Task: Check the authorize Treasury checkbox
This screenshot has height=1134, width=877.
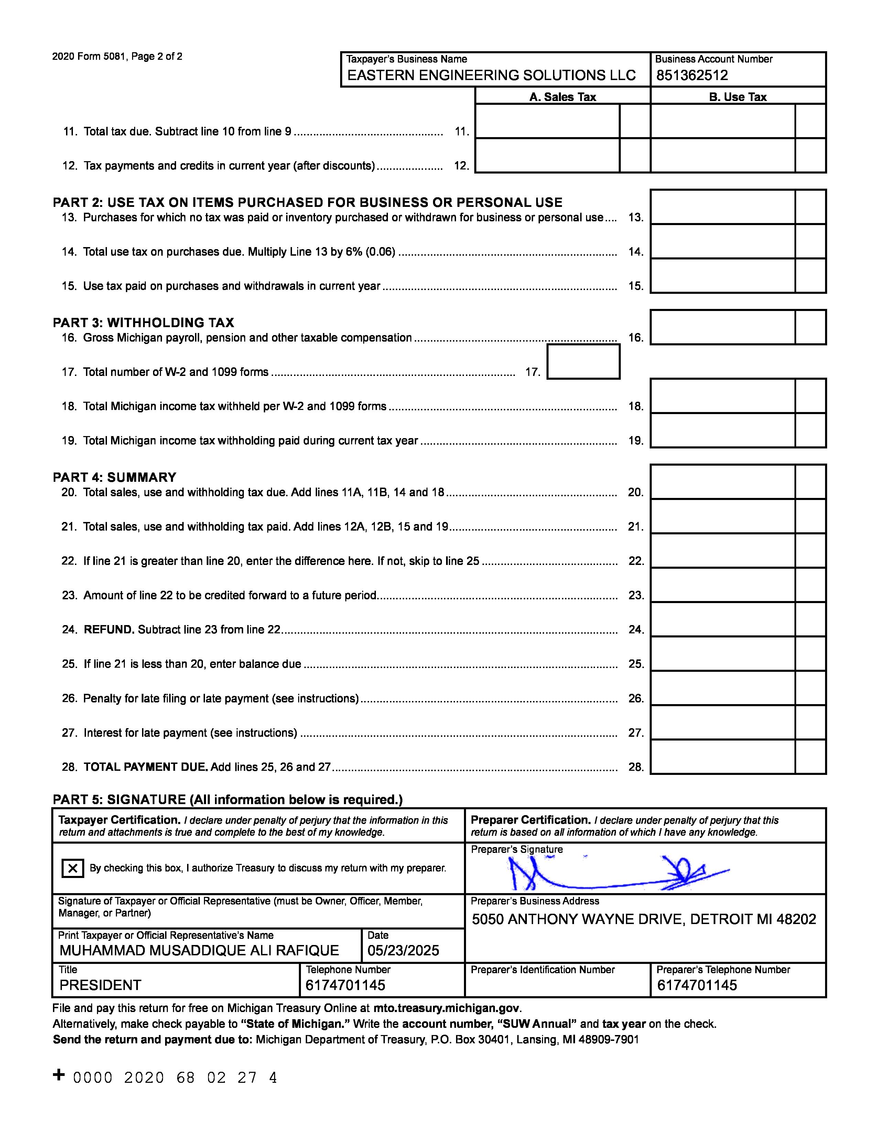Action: (x=73, y=868)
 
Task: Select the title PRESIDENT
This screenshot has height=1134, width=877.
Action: (x=100, y=985)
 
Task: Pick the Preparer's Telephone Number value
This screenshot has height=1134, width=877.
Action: (x=697, y=985)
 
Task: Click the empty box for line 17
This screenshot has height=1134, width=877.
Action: (x=583, y=362)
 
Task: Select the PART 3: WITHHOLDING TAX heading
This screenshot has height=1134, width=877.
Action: (x=143, y=322)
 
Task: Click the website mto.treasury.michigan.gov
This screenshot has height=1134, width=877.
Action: (x=446, y=1008)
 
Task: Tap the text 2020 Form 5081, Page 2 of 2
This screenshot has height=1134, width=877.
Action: (x=117, y=57)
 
